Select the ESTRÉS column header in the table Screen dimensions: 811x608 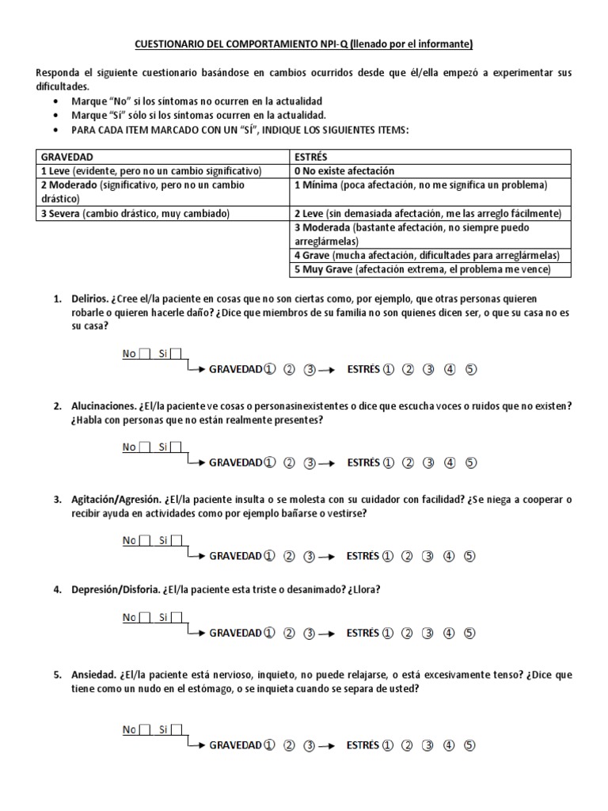pos(311,157)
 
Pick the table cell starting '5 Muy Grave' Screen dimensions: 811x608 pos(431,270)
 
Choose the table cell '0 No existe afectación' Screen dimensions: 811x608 pos(344,171)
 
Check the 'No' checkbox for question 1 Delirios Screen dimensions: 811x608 pos(145,354)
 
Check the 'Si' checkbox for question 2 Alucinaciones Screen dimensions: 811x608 pos(177,447)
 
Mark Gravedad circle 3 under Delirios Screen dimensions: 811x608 pos(310,369)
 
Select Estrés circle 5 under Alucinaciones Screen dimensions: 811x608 pos(470,463)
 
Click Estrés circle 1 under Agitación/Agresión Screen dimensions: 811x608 pos(388,556)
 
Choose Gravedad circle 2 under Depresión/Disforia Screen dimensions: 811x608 pos(289,633)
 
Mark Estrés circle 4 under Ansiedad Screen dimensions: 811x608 pos(450,744)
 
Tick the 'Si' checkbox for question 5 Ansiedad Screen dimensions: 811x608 pos(177,729)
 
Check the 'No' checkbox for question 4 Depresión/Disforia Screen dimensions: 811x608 pos(145,618)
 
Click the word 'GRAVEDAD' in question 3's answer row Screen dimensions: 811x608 pos(235,556)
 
